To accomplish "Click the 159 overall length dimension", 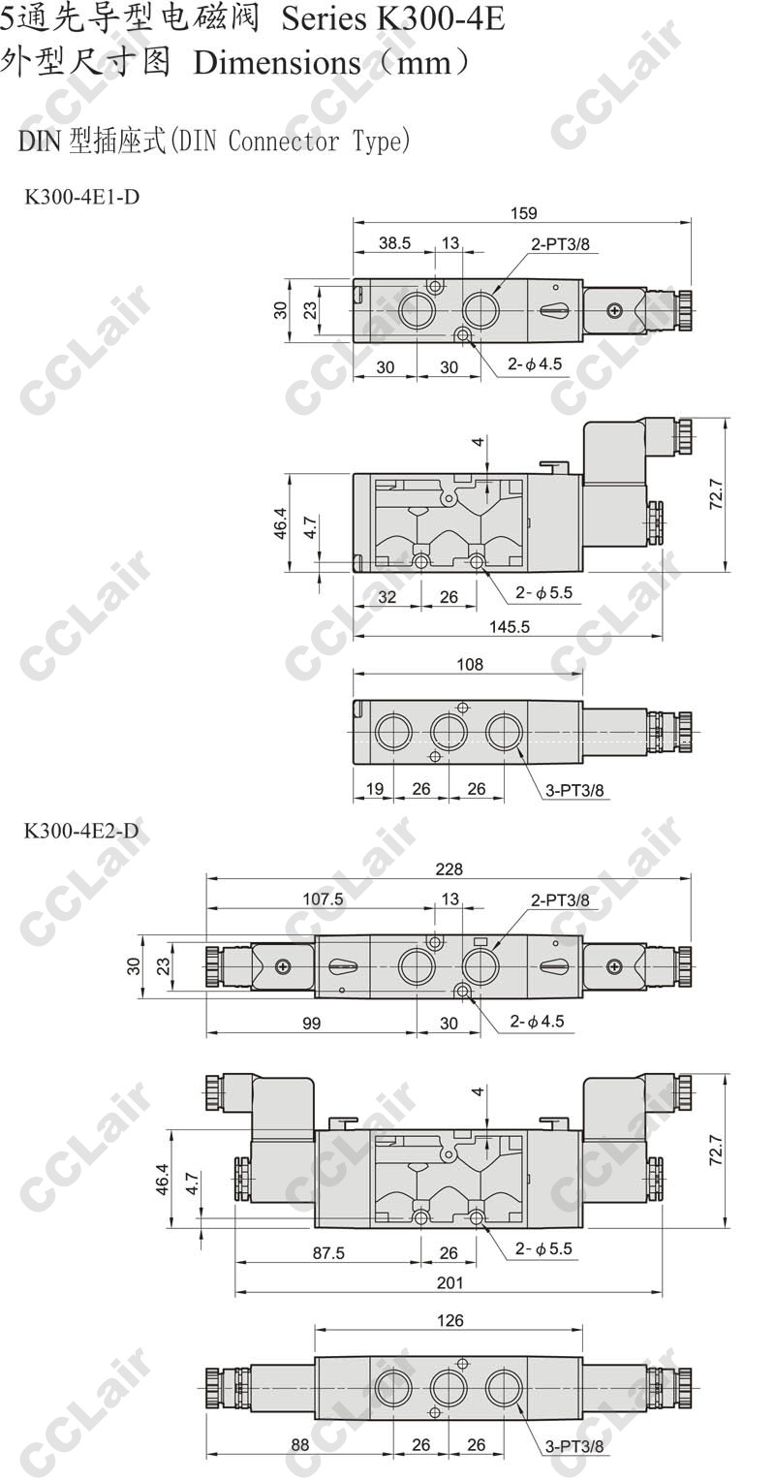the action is point(523,213).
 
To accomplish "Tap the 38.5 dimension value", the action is point(394,243).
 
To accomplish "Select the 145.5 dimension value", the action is point(510,626).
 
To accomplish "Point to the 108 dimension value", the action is point(470,664).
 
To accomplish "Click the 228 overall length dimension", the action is point(449,868).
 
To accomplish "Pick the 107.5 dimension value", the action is point(323,899).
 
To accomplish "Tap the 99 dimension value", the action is point(311,1023).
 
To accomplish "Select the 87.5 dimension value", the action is point(329,1252).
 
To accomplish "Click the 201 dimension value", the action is point(449,1282).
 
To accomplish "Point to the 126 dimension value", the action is point(450,1320).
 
